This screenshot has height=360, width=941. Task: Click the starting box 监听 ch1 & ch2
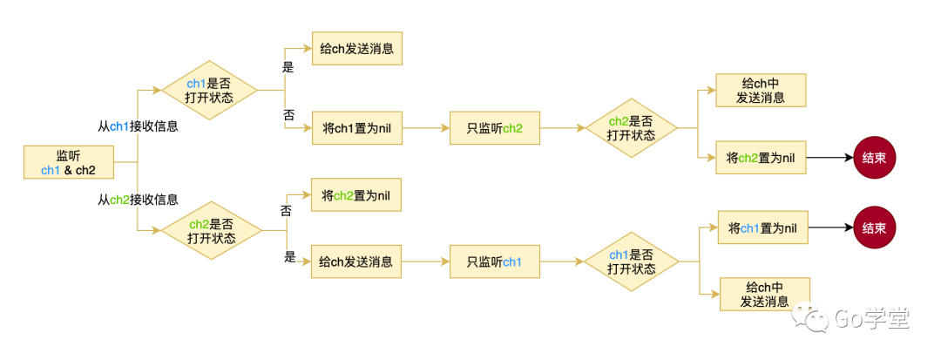click(69, 162)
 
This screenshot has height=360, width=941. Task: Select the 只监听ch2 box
click(494, 128)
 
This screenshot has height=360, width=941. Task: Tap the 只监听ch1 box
click(494, 262)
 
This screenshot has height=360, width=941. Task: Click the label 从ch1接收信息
click(138, 126)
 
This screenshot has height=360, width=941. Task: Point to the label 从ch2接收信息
click(138, 200)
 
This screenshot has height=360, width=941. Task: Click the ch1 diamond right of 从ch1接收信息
click(210, 90)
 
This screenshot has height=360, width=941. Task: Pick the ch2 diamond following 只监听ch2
click(631, 128)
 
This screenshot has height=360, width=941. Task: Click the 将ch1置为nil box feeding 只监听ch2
click(356, 128)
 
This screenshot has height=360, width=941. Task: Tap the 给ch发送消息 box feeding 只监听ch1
click(356, 262)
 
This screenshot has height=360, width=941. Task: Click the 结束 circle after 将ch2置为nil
click(874, 159)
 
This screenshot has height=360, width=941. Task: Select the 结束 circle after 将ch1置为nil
click(874, 228)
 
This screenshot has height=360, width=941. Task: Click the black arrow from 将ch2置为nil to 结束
click(828, 159)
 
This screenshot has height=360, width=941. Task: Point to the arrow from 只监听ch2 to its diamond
click(561, 128)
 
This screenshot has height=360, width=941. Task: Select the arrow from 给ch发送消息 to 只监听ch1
click(425, 262)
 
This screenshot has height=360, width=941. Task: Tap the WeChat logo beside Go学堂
click(818, 319)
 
